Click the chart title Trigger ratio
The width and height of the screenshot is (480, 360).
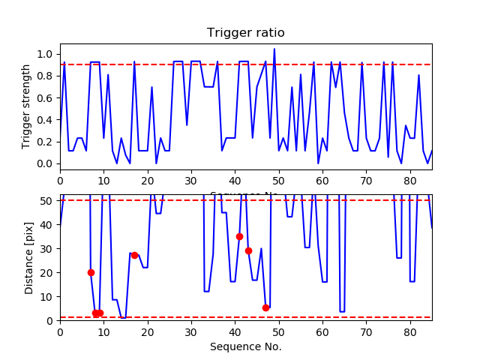[245, 33]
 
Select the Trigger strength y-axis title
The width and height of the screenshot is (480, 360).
[27, 106]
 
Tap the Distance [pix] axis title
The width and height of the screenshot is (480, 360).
[30, 257]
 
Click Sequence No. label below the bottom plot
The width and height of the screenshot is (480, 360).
[245, 346]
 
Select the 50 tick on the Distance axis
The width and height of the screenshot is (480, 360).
[49, 200]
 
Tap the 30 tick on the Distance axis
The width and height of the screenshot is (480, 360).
[49, 248]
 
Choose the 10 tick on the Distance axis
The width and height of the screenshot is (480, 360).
[49, 296]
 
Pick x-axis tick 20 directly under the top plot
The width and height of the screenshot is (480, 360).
[148, 180]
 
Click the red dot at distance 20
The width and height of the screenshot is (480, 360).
[91, 272]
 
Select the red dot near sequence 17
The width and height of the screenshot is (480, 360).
[134, 255]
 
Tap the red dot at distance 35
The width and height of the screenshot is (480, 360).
[239, 236]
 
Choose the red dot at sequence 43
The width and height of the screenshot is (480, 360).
[248, 250]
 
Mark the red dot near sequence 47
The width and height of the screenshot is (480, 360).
[265, 307]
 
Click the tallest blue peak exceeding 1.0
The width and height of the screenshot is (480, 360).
[274, 49]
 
